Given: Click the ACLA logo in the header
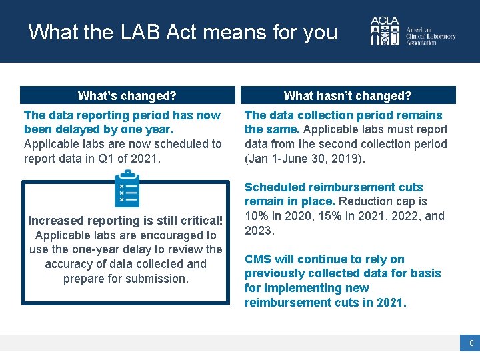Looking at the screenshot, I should pos(386,31).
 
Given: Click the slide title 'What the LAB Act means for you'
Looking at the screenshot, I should pos(183,32).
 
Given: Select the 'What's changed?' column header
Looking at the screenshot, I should pos(127,96).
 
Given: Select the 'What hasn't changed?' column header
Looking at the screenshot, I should pos(347,96).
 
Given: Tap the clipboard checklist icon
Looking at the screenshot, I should pos(127,189).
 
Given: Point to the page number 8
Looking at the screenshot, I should pos(471,343).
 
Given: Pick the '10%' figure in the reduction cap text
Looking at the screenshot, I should pos(256,216).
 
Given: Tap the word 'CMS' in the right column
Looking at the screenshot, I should pos(258,259).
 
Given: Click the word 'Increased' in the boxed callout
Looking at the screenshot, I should pos(55,221).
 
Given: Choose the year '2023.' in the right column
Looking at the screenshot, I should pos(260,231).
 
